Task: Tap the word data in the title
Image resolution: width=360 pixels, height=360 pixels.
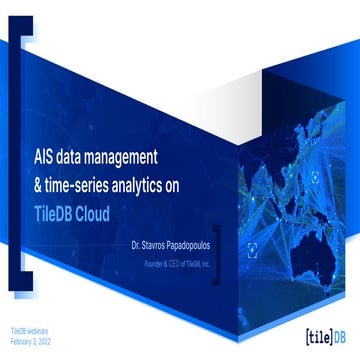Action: [82, 156]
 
